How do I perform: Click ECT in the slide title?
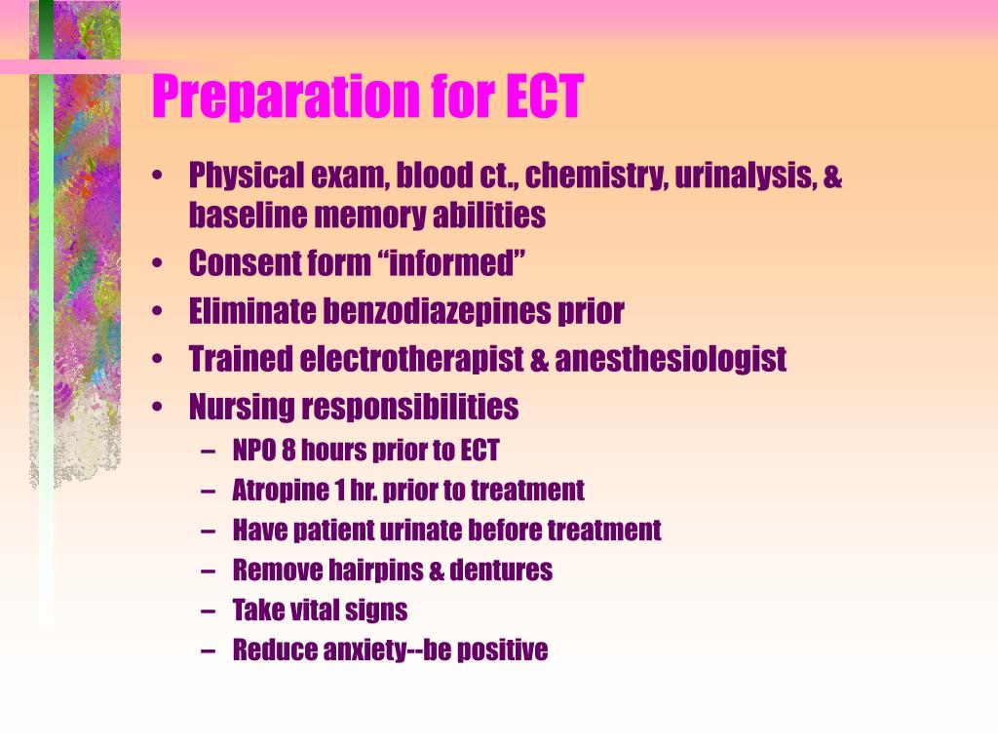click(x=545, y=97)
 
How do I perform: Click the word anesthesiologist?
click(x=671, y=359)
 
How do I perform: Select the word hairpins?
click(x=374, y=571)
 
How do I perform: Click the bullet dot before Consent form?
click(x=158, y=264)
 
